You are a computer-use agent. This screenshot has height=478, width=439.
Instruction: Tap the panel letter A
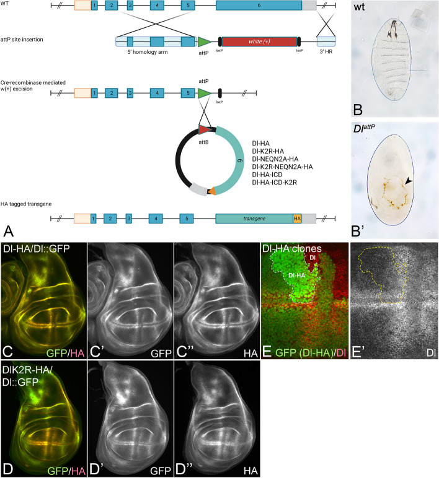point(8,230)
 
